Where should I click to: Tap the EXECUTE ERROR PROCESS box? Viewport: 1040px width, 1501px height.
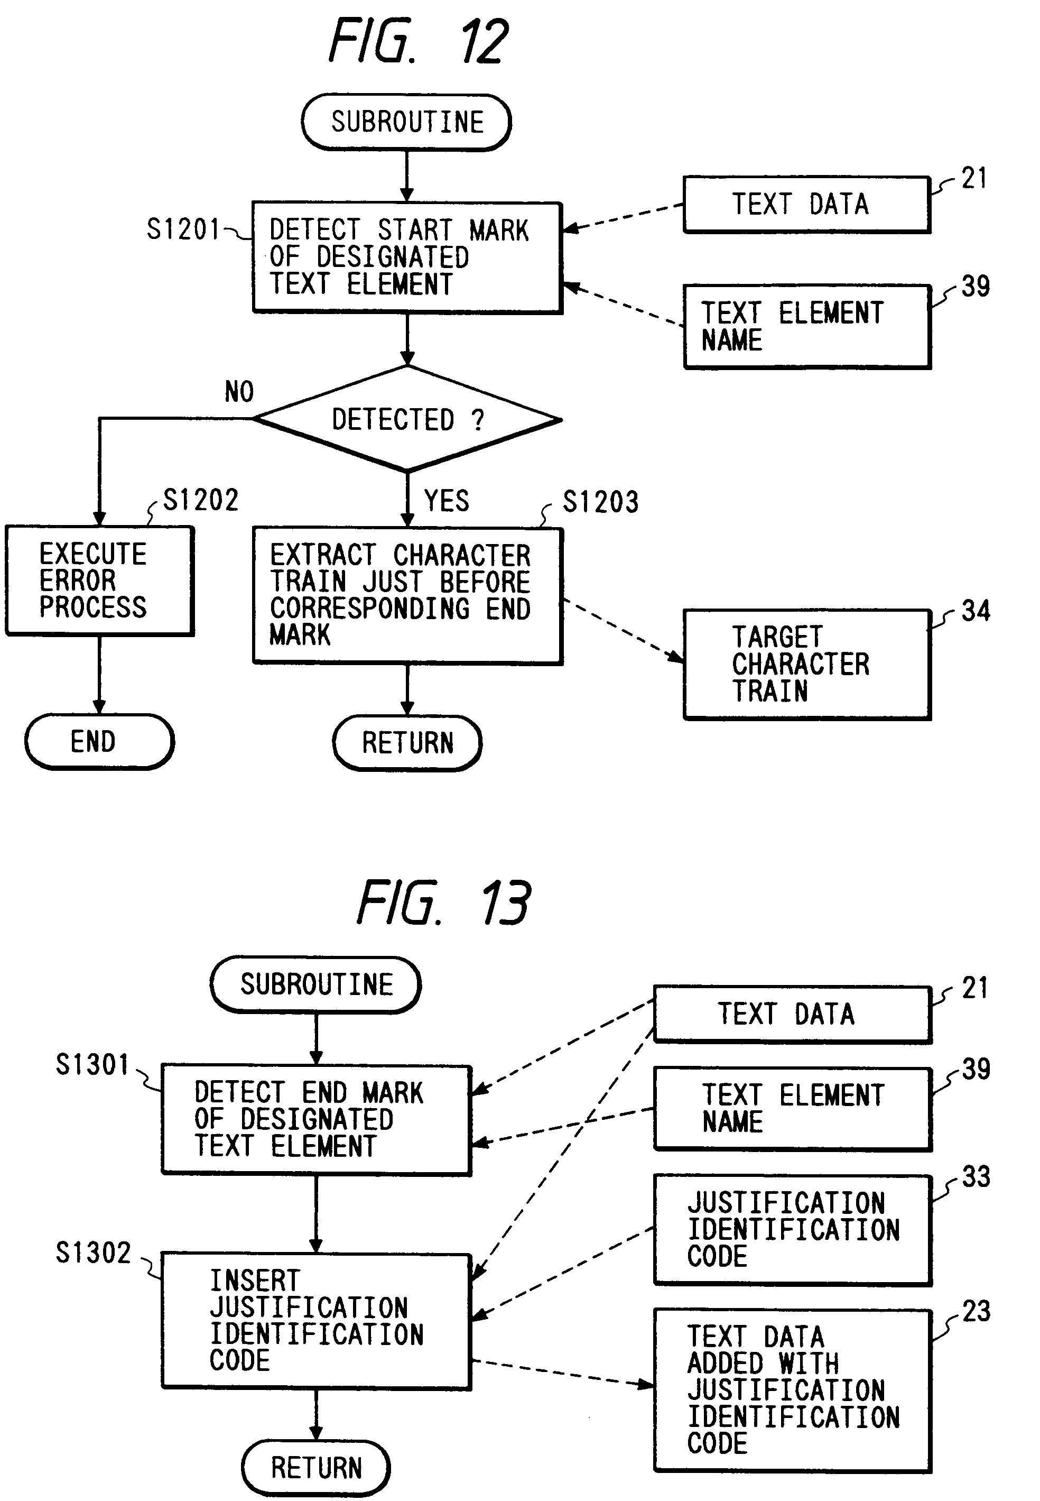tap(100, 580)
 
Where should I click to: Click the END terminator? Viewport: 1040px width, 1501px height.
tap(99, 742)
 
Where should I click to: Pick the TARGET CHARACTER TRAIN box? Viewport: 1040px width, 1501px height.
tap(807, 664)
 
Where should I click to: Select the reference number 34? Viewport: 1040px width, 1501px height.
tap(976, 611)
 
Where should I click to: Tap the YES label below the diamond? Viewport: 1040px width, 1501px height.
tap(447, 501)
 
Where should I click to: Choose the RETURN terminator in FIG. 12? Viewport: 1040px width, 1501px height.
tap(407, 743)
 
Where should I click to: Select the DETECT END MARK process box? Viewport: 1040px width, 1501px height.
tap(316, 1120)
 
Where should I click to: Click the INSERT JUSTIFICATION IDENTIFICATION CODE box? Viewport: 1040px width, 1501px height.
tap(316, 1321)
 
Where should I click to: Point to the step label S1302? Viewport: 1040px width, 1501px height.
tap(93, 1253)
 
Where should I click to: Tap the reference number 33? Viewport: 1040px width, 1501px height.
tap(976, 1177)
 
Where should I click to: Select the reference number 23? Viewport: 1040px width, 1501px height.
tap(976, 1311)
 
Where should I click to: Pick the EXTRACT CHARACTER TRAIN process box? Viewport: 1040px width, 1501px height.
tap(407, 595)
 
